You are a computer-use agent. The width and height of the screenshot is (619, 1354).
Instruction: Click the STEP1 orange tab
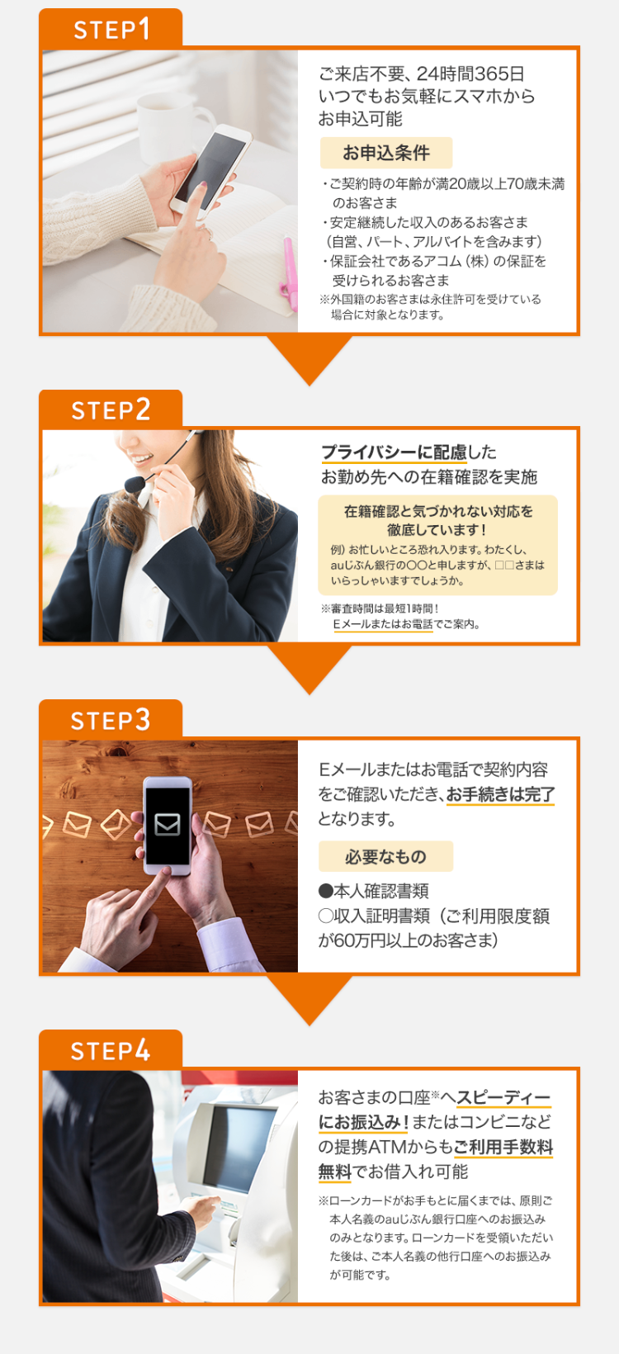coord(111,29)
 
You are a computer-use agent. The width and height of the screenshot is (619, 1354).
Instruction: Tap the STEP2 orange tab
coord(111,410)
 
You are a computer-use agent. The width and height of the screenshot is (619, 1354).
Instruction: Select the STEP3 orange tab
coord(111,720)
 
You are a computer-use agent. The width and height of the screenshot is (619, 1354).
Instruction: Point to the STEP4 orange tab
coord(111,1050)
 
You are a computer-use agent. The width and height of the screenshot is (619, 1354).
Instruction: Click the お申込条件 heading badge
coord(386,153)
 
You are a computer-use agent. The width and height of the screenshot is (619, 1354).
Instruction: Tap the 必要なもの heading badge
coord(385,856)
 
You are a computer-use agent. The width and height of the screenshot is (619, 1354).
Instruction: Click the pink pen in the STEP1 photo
coord(290,272)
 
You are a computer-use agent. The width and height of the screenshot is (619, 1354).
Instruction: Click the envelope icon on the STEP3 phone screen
coord(168,824)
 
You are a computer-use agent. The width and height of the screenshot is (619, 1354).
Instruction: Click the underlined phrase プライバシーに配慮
coord(394,452)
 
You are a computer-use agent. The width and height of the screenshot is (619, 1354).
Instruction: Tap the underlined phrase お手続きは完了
coord(500,794)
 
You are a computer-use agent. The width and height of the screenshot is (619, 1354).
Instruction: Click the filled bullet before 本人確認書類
coord(325,891)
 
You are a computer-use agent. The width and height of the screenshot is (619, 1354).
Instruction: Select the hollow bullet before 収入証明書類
coord(325,916)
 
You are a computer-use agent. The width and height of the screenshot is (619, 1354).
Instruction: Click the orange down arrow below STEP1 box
coord(309,360)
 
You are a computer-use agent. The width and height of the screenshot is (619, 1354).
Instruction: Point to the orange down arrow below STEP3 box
coord(309,1000)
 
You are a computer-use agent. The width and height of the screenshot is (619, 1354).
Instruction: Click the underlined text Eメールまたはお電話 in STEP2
coord(382,624)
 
